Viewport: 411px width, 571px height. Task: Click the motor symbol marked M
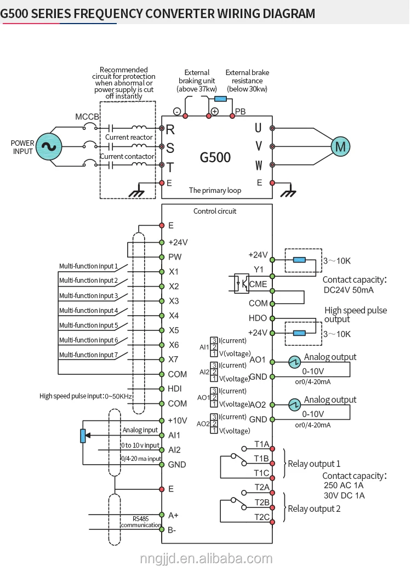[341, 146]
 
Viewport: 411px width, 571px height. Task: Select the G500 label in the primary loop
[215, 158]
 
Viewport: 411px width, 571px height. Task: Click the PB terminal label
[240, 112]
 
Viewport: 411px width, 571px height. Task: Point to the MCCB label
[87, 117]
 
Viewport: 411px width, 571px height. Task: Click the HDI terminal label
[174, 389]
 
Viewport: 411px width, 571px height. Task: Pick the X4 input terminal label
[174, 316]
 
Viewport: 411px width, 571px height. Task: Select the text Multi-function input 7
[88, 355]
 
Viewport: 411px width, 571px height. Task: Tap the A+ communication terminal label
[173, 515]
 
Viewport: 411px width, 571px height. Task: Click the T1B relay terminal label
[261, 458]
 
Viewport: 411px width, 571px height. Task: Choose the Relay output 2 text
[314, 509]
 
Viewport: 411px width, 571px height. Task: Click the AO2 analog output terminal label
[258, 404]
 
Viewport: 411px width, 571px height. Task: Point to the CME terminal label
[258, 284]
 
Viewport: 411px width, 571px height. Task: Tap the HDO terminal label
[258, 318]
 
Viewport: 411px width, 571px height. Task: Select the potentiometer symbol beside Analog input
[83, 436]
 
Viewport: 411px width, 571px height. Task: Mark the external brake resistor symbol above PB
[220, 99]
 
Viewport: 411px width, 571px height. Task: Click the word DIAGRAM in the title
[284, 13]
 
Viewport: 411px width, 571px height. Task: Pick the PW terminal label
[175, 257]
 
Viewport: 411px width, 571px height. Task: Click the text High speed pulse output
[355, 315]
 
